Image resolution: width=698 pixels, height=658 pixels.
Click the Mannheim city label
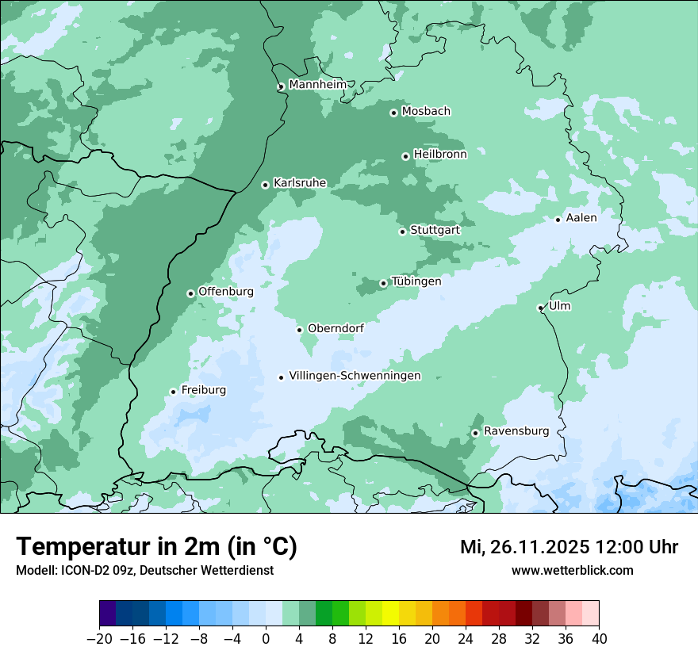[x=317, y=84]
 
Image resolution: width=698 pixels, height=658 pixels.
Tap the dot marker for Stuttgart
[x=402, y=231]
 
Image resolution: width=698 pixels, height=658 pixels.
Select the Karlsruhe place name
[x=300, y=183]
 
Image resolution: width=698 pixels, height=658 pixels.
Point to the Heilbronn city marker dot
[x=405, y=156]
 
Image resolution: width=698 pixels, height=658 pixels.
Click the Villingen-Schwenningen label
[x=355, y=376]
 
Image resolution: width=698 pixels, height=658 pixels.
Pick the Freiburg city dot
[x=173, y=392]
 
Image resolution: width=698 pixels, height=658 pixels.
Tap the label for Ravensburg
[x=516, y=431]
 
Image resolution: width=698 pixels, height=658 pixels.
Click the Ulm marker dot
[x=540, y=308]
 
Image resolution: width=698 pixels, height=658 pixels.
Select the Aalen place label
[x=581, y=218]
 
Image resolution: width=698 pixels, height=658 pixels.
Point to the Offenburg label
[x=226, y=292]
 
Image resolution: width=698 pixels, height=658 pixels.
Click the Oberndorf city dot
[x=299, y=330]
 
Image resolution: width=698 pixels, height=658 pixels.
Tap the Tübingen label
[x=416, y=281]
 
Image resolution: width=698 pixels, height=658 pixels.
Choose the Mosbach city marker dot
[x=393, y=113]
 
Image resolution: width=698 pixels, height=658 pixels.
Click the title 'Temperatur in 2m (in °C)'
[x=156, y=546]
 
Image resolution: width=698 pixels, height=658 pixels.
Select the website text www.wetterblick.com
[x=572, y=570]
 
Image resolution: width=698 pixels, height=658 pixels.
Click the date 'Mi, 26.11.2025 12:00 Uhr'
[x=569, y=547]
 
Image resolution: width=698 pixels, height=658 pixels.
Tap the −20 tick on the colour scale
[x=100, y=639]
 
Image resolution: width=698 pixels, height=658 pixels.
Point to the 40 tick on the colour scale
[x=598, y=639]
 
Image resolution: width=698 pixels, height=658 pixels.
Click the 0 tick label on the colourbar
[x=266, y=639]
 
